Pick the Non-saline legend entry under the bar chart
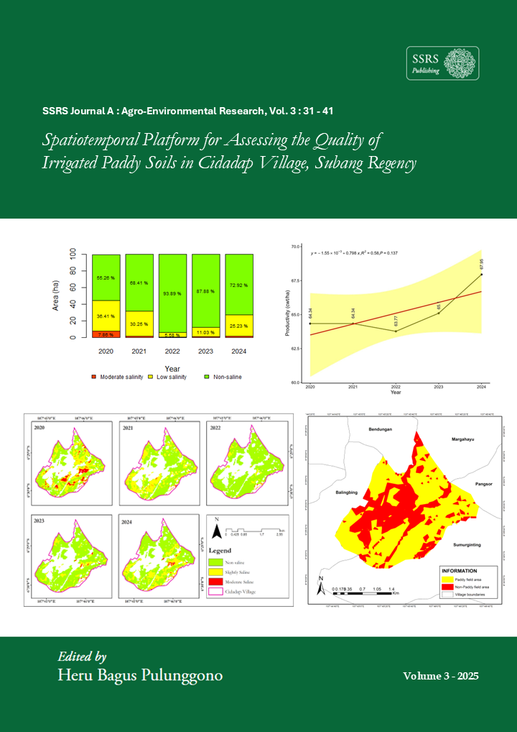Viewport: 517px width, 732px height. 227,376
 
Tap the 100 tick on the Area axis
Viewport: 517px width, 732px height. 73,255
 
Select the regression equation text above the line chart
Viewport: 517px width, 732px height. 353,253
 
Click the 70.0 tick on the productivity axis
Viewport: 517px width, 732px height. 296,247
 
